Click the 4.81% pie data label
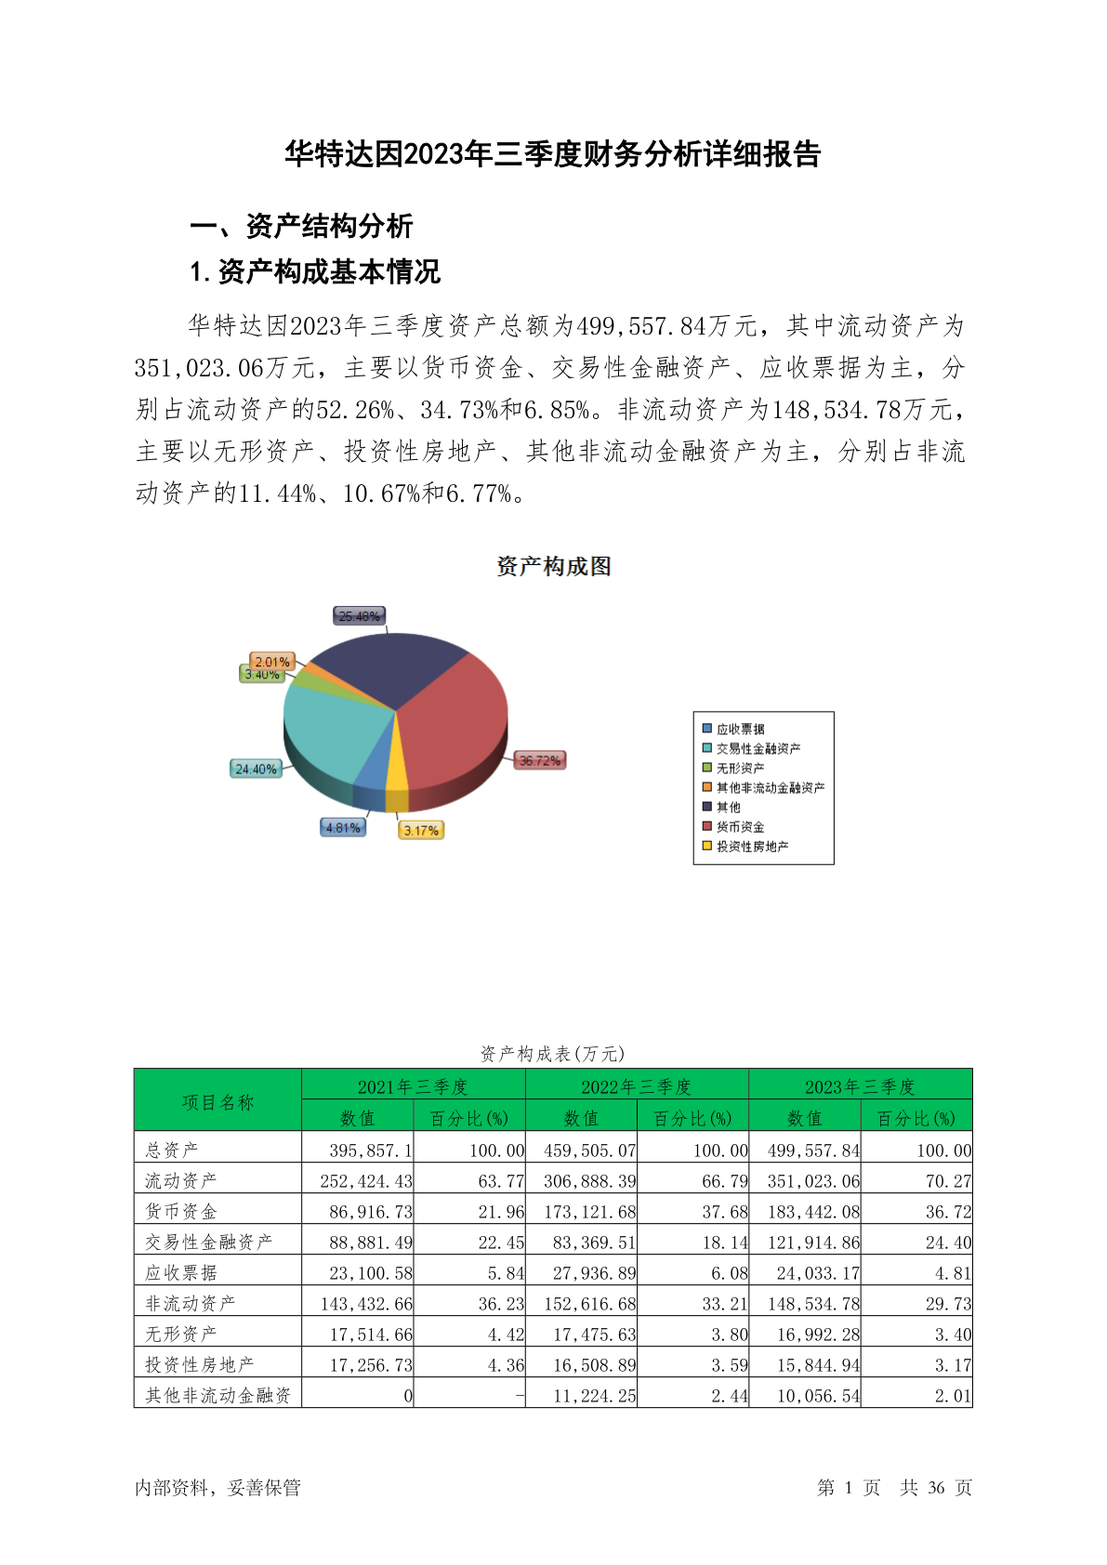343,827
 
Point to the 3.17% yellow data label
421,830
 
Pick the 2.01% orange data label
272,662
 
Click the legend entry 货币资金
740,826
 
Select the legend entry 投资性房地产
752,846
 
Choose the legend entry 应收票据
740,729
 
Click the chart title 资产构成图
553,566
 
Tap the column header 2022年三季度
637,1085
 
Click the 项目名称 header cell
217,1101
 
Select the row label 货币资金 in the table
181,1211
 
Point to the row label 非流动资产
191,1303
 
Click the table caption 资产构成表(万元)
552,1053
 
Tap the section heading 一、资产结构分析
301,226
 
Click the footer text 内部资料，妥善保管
217,1487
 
